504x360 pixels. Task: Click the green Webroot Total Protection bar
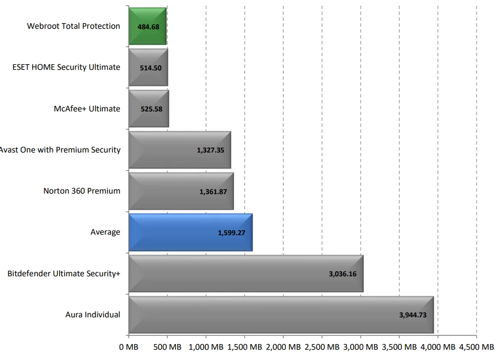pos(148,26)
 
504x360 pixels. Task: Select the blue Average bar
pos(190,232)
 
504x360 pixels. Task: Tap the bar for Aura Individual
pos(281,314)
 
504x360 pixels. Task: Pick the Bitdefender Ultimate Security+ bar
pos(246,273)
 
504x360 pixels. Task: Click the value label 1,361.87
pos(213,192)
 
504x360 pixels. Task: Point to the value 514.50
pos(151,68)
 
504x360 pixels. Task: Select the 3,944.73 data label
pos(413,315)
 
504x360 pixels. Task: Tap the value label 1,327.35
pos(210,150)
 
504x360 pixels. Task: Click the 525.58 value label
pos(151,109)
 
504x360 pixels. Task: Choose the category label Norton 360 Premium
pos(82,191)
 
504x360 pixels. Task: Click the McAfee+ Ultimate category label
pos(87,109)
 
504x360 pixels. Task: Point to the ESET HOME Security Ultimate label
pos(66,67)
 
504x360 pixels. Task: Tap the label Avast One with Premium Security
pos(60,150)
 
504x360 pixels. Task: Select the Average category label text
pos(105,232)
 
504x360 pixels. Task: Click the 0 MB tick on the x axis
pos(128,347)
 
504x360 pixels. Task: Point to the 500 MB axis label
pos(167,347)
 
